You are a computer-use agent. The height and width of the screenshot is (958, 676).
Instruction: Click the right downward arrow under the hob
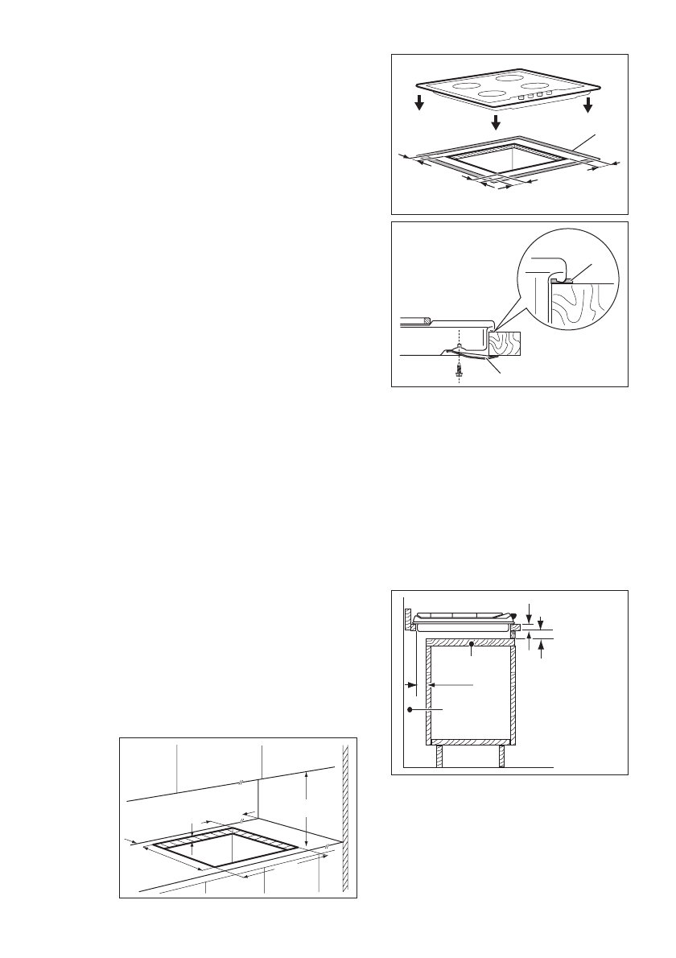588,107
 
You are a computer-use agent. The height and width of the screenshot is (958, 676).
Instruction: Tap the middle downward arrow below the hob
496,122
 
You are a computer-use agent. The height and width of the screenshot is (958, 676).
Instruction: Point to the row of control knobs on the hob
536,94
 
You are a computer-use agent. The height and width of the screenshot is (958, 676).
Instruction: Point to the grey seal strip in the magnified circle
566,280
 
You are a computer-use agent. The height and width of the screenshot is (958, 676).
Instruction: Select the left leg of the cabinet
439,756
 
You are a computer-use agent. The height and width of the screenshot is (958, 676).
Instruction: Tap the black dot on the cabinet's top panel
470,643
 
